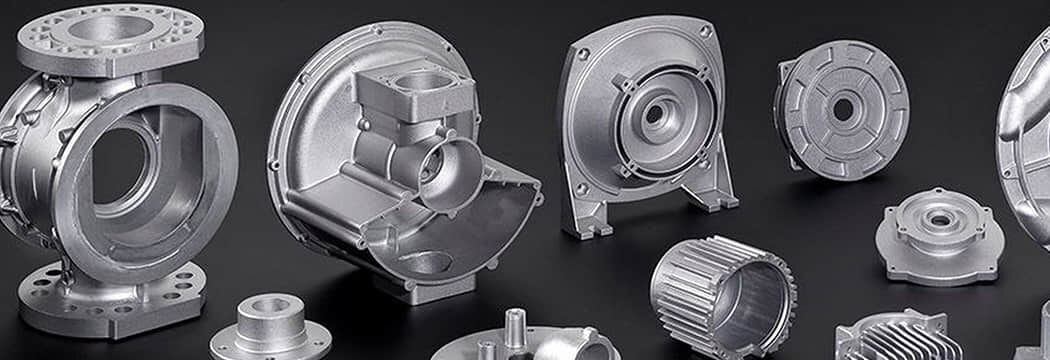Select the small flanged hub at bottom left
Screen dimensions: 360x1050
pyautogui.click(x=268, y=328)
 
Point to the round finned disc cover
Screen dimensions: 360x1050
pyautogui.click(x=842, y=110)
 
